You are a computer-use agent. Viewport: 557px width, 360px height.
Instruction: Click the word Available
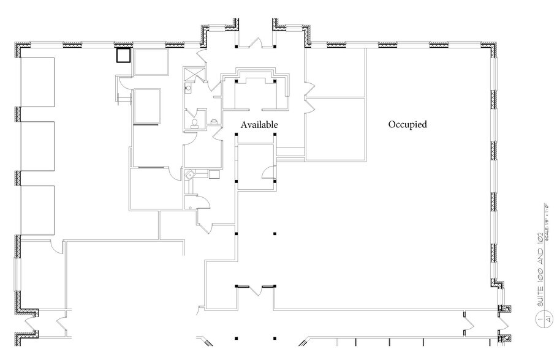[259, 124]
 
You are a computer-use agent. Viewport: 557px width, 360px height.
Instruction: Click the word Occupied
[407, 124]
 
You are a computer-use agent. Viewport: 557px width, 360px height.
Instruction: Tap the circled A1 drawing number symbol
[539, 319]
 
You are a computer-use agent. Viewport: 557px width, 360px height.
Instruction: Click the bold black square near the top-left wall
[124, 56]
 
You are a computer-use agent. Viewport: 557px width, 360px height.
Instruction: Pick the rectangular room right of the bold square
[151, 62]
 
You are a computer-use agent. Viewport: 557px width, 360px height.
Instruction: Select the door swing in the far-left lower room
[56, 246]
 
